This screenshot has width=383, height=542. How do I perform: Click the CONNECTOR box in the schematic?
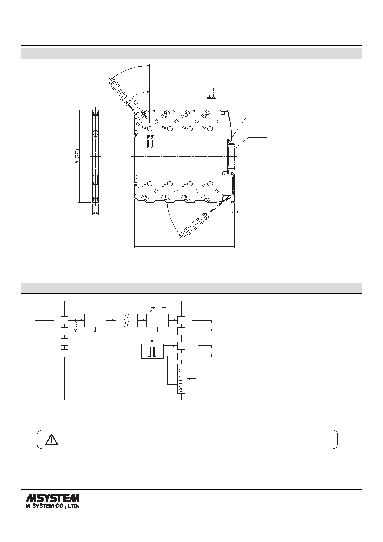pyautogui.click(x=181, y=378)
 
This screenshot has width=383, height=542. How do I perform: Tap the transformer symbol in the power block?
pyautogui.click(x=152, y=351)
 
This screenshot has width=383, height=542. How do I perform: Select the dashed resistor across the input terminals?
pyautogui.click(x=76, y=326)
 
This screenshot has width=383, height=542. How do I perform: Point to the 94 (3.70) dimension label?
pyautogui.click(x=76, y=156)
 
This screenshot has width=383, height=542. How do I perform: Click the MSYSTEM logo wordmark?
pyautogui.click(x=52, y=499)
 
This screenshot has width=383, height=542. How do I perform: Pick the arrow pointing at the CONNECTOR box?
pyautogui.click(x=193, y=378)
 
